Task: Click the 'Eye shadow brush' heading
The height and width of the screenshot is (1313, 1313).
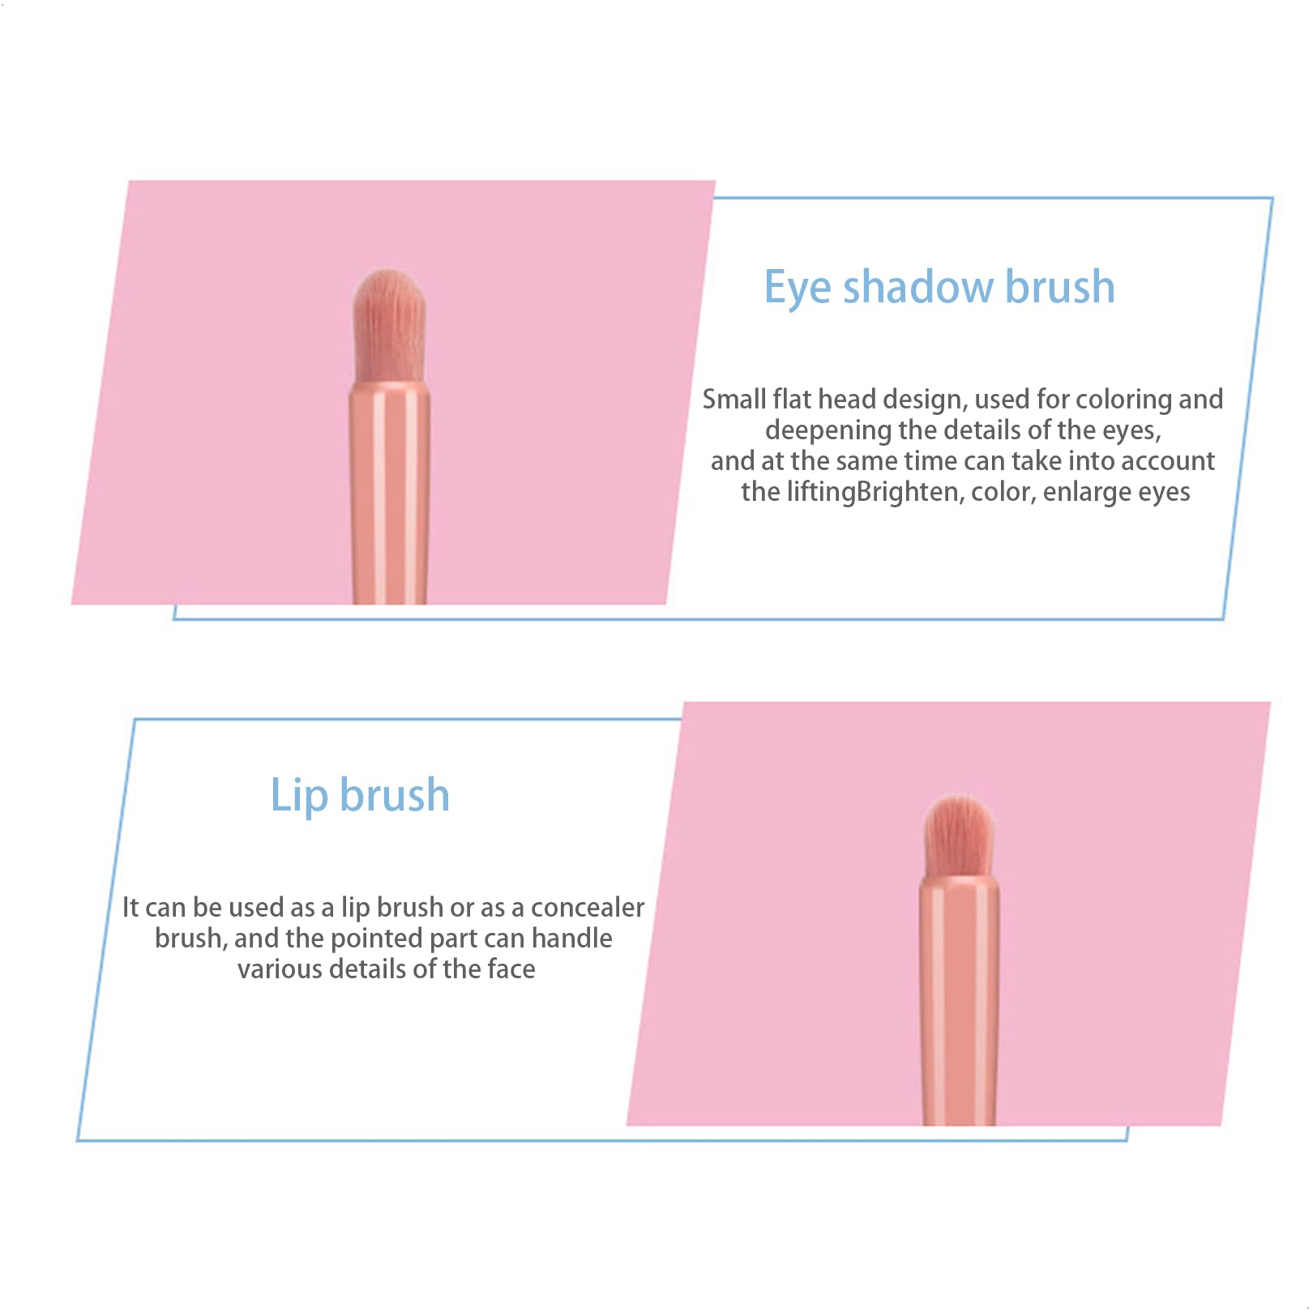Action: [939, 287]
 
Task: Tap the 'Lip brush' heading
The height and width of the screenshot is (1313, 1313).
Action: [360, 795]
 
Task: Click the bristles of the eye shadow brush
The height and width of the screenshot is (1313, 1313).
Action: [389, 326]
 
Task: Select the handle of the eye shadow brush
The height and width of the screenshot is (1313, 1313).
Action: [389, 494]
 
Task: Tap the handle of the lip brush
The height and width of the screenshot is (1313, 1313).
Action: [959, 1000]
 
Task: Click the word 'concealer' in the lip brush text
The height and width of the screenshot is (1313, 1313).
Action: [588, 907]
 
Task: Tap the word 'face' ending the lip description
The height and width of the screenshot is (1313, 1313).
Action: [511, 969]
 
